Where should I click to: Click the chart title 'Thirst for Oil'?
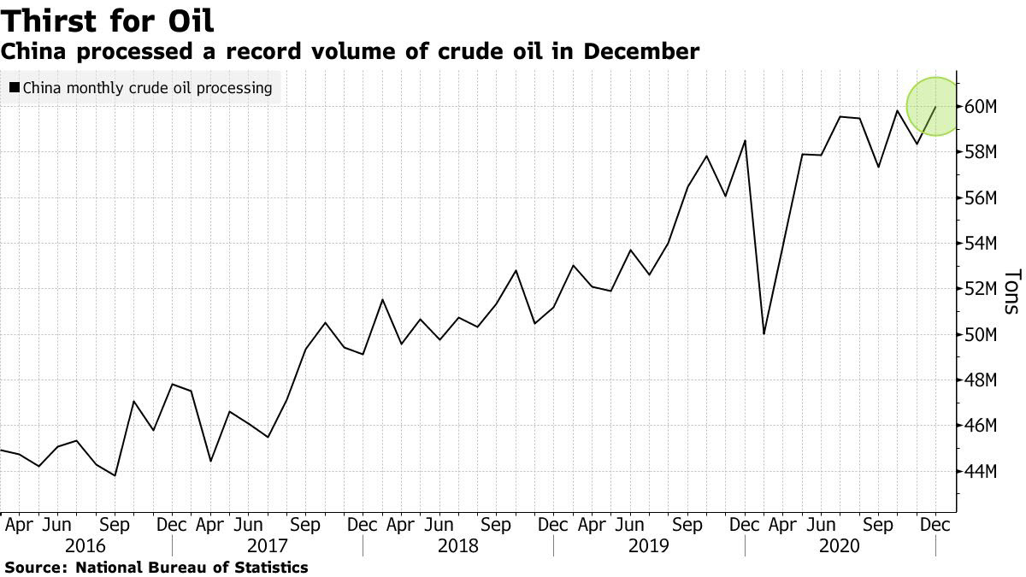coord(107,20)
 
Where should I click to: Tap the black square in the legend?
coord(15,87)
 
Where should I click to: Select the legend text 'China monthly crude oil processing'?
coord(147,87)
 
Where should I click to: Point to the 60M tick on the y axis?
coord(980,107)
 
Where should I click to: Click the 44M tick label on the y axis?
coord(980,471)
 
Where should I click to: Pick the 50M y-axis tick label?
coord(980,334)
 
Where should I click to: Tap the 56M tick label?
coord(980,198)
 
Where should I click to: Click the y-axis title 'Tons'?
coord(1011,291)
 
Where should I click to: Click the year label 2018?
coord(458,545)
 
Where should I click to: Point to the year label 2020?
coord(840,545)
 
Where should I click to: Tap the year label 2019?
coord(649,545)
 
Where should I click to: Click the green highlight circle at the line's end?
coord(935,106)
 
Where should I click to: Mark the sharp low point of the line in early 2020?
coord(764,333)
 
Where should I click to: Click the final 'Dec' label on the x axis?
coord(935,524)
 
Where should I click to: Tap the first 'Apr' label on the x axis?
coord(18,524)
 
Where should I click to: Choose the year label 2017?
coord(267,545)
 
